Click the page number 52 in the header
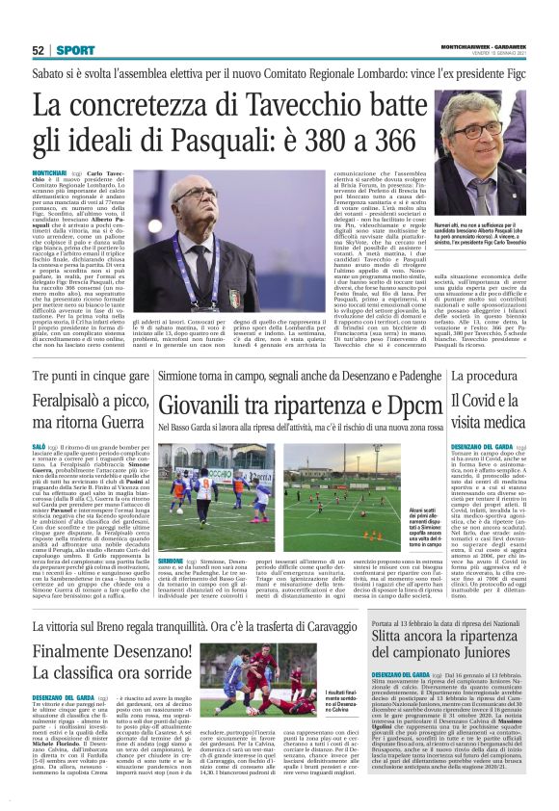click(39, 49)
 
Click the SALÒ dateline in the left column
click(40, 447)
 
